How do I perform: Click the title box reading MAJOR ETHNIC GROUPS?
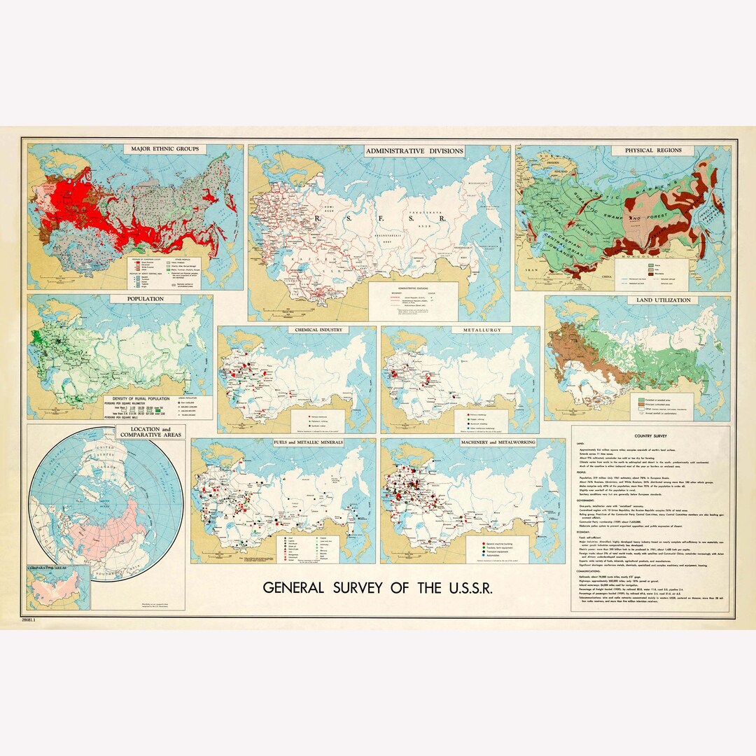coord(163,149)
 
